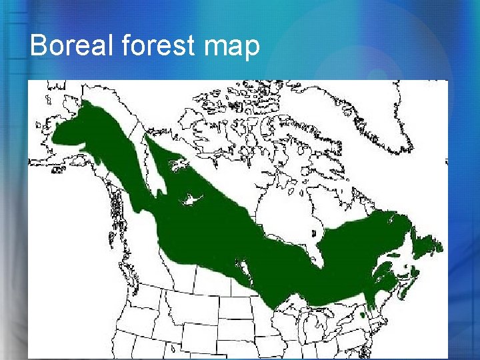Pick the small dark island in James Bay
click(314, 234)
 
